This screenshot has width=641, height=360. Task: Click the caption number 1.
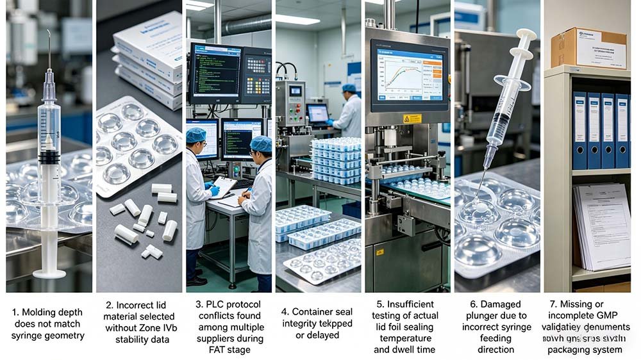15,312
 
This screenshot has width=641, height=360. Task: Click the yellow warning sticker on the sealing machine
412,119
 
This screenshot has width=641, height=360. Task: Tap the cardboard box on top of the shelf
588,48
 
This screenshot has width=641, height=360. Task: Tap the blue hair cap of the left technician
196,135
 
